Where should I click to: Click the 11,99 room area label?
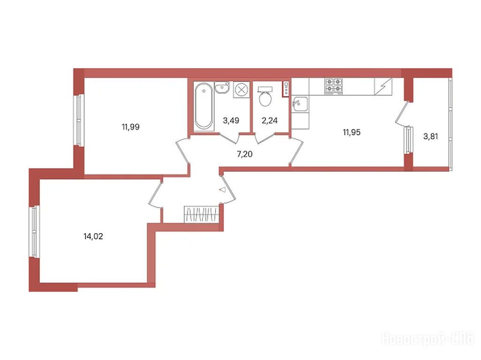pos(131,127)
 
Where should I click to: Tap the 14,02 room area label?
pos(93,237)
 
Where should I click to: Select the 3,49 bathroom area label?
pos(231,121)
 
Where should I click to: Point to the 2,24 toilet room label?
pos(270,121)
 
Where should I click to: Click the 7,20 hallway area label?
pos(244,154)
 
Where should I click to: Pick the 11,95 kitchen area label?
pos(351,132)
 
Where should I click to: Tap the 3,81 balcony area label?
pos(431,137)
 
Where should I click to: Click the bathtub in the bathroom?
pos(204,106)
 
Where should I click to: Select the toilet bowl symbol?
pos(265,96)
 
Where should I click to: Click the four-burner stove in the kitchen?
pos(334,85)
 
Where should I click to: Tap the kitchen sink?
pos(300,104)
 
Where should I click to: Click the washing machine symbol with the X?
pos(241,90)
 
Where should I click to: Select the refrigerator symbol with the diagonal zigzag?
pos(383,86)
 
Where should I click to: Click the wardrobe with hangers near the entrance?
pos(202,214)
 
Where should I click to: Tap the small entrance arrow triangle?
pos(222,190)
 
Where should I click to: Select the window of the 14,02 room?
pos(35,231)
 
